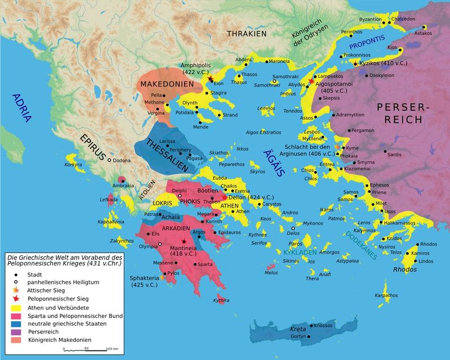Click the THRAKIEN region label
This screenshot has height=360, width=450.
pos(246,34)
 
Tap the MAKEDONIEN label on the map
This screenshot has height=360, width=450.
pos(167,84)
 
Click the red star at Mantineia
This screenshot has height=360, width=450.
pos(183,241)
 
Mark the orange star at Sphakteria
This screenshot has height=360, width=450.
pos(163,277)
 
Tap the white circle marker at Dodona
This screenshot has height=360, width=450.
pos(110,160)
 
